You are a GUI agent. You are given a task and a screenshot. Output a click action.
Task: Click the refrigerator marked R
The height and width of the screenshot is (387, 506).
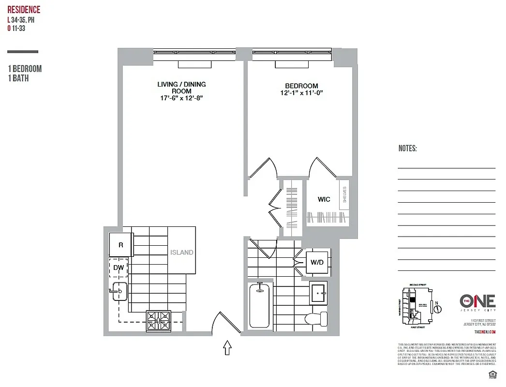pos(121,245)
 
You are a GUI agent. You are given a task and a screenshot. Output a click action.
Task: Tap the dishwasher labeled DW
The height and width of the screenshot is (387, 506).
pos(118,267)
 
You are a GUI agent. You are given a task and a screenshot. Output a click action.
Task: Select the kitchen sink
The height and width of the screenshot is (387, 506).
pos(119,291)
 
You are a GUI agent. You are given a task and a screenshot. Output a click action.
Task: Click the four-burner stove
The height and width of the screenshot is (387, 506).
pos(159,320)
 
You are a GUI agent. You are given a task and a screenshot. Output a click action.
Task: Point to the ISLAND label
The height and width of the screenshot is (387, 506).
pos(181,252)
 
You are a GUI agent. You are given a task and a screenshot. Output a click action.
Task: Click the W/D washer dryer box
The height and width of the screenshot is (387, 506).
pos(317,262)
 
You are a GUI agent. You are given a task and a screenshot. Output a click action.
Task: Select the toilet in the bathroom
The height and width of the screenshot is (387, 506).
pos(317,318)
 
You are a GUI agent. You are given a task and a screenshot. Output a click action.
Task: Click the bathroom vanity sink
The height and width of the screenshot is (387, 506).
pos(318,292)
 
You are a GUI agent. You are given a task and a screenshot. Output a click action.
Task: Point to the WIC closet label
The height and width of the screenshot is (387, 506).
pos(324,199)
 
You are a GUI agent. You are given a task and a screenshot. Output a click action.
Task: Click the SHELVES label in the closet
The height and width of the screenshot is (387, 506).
pos(344,194)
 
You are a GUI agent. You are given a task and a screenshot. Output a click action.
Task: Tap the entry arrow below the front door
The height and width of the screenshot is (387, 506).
pos(226,348)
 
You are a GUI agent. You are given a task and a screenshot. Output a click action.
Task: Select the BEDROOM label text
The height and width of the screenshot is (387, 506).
pos(301,86)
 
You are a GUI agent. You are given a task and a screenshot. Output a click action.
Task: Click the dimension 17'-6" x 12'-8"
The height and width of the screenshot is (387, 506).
pos(181,98)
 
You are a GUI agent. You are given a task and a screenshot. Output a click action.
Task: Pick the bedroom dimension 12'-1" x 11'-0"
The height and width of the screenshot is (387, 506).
pos(301,93)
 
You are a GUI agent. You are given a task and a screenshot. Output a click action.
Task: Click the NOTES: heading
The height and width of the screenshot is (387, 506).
pos(407,149)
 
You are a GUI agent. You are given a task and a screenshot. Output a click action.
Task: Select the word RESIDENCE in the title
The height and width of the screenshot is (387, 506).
pos(24,10)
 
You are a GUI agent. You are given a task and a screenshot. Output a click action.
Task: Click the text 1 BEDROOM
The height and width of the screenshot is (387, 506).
pos(25,69)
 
